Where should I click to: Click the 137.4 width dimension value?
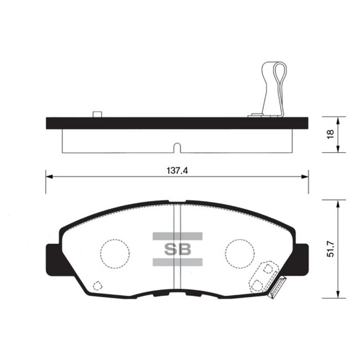click(x=176, y=171)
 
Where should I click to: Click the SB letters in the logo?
click(x=177, y=249)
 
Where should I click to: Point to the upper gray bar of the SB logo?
click(x=177, y=237)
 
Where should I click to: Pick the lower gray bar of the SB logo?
click(x=177, y=262)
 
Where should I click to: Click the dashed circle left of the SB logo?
click(x=114, y=254)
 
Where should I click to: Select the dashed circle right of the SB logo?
click(x=240, y=254)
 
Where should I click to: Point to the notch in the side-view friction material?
click(x=176, y=148)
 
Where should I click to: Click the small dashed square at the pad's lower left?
click(x=96, y=285)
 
